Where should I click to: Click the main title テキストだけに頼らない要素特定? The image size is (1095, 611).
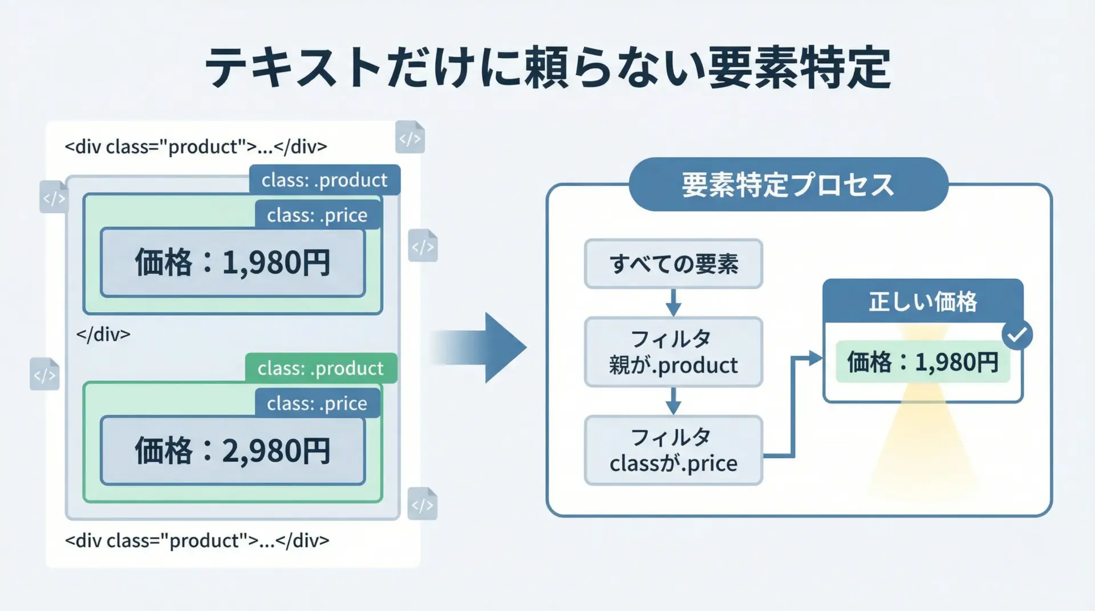tap(547, 68)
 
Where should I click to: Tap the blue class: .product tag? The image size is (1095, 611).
tap(325, 180)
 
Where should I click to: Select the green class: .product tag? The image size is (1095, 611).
tap(321, 368)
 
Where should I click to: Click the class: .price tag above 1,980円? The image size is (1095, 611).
tap(317, 215)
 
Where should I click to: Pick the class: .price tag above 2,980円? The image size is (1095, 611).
tap(317, 403)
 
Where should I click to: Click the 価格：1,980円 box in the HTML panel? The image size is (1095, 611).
tap(233, 263)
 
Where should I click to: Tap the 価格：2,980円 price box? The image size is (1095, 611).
tap(233, 451)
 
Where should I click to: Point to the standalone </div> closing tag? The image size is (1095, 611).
tap(103, 334)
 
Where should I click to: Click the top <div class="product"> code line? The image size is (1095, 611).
tap(196, 146)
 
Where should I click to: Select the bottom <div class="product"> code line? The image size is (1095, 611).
tap(197, 540)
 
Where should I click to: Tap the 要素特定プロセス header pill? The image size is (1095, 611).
tap(788, 185)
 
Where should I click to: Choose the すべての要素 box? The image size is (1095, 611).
tap(673, 264)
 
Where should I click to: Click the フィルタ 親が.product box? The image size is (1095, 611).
tap(673, 352)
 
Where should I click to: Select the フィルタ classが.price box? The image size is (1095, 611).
tap(673, 450)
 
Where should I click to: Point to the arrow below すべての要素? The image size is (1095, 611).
tap(674, 303)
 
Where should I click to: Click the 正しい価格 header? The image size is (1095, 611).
tap(922, 302)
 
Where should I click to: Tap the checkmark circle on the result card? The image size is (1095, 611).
tap(1017, 335)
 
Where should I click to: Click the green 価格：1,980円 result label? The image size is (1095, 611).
tap(922, 362)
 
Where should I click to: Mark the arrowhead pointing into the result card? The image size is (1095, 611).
tap(815, 359)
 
